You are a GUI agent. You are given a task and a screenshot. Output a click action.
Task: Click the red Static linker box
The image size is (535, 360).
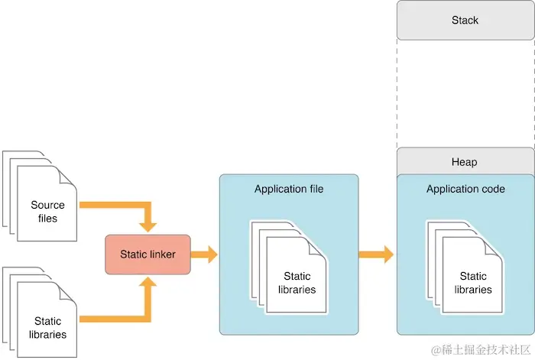(x=148, y=254)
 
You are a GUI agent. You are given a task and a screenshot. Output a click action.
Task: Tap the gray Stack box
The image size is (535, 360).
(x=465, y=21)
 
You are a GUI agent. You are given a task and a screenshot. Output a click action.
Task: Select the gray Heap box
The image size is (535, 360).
(x=465, y=161)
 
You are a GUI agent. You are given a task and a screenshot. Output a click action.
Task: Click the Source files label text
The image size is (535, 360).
(x=47, y=212)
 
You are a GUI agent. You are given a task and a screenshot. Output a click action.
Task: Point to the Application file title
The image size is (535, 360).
(x=289, y=189)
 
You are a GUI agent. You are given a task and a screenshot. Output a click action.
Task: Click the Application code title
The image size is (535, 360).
(x=465, y=189)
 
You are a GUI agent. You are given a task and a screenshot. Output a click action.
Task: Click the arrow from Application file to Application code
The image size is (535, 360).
(x=376, y=254)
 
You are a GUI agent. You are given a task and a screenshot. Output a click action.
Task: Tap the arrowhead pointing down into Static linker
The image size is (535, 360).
(x=148, y=225)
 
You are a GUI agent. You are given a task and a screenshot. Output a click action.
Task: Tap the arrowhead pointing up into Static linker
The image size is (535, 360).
(x=148, y=283)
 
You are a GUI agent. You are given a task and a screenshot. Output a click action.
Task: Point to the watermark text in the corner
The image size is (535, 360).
(x=479, y=350)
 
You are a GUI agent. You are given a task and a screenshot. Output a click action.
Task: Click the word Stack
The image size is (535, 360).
(x=465, y=21)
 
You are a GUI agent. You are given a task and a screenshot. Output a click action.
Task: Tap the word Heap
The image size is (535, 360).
(x=465, y=161)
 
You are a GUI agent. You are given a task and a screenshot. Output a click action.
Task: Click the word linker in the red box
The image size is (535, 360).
(x=162, y=254)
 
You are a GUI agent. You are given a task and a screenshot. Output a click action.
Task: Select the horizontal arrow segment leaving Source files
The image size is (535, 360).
(x=111, y=206)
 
